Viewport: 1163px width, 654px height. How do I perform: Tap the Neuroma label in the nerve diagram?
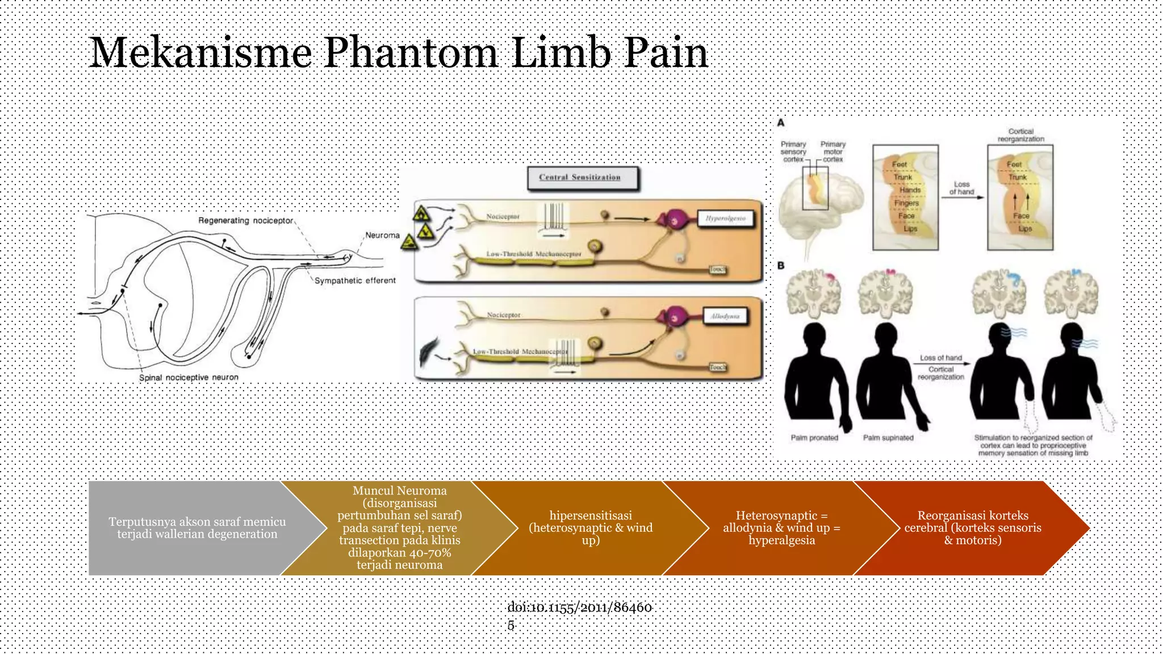[x=382, y=235]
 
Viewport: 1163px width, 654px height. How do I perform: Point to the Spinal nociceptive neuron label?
[x=189, y=378]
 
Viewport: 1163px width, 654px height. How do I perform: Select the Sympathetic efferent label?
[x=355, y=280]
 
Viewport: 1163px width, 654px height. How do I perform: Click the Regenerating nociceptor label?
[x=245, y=220]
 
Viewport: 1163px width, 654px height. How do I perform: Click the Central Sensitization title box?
[x=580, y=178]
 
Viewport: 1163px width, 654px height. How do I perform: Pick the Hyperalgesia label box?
[x=725, y=219]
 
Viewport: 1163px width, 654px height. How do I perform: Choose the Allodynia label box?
[x=725, y=316]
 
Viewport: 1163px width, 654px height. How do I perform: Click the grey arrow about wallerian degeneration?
[x=196, y=528]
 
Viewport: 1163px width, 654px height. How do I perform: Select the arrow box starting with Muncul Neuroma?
[x=399, y=528]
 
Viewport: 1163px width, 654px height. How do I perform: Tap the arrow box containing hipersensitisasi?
[x=591, y=528]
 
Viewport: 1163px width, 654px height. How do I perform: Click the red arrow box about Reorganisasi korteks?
[x=972, y=528]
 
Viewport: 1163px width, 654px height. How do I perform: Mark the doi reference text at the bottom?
[x=579, y=615]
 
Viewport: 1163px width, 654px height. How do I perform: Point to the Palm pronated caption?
[x=814, y=438]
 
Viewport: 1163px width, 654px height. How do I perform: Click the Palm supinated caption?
[x=888, y=438]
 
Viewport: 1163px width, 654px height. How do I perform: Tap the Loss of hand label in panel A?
[x=961, y=188]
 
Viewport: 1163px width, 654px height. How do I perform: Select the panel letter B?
[x=781, y=265]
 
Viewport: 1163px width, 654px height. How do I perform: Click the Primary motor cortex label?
[x=832, y=152]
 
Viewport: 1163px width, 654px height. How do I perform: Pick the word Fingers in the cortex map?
[x=906, y=203]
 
